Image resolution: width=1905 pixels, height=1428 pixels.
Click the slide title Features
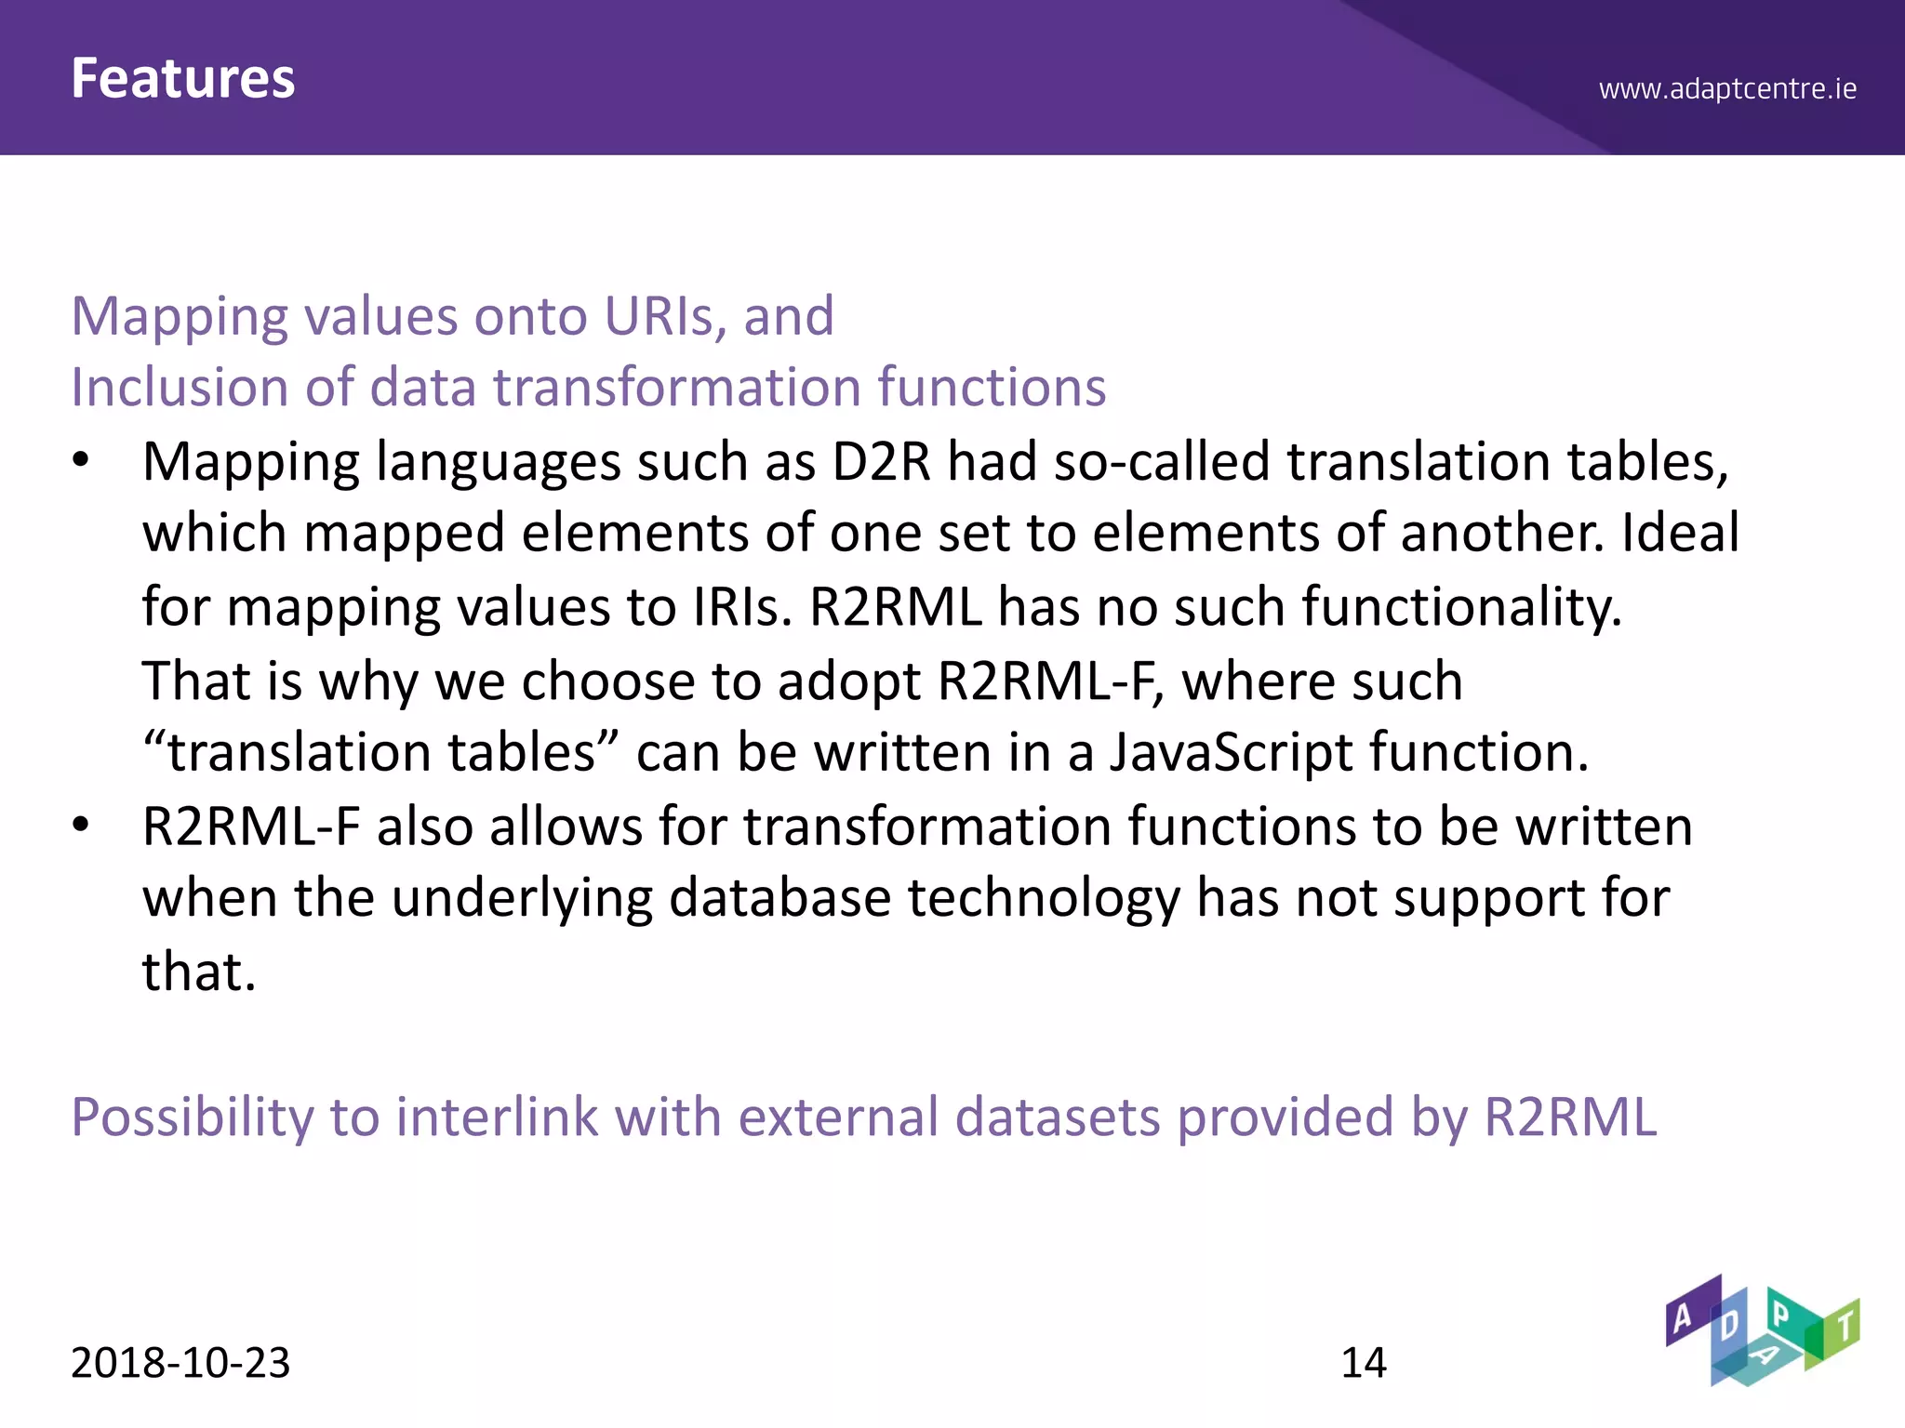pos(183,78)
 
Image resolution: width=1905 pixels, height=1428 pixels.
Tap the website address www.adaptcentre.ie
pos(1727,89)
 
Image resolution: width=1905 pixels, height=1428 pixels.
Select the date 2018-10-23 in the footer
pos(180,1363)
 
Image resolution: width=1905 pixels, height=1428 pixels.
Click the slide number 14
pos(1363,1363)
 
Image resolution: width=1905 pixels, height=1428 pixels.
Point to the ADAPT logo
pos(1762,1330)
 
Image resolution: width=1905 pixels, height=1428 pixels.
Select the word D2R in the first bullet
pos(881,462)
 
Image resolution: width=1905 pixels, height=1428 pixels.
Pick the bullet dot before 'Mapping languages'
pos(81,460)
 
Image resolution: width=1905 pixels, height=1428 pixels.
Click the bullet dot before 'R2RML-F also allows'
pos(81,825)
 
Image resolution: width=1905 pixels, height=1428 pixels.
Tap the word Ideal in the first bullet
pos(1680,534)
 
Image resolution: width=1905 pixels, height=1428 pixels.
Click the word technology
pos(1044,900)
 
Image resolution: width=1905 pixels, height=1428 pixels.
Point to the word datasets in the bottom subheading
pos(1058,1117)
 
